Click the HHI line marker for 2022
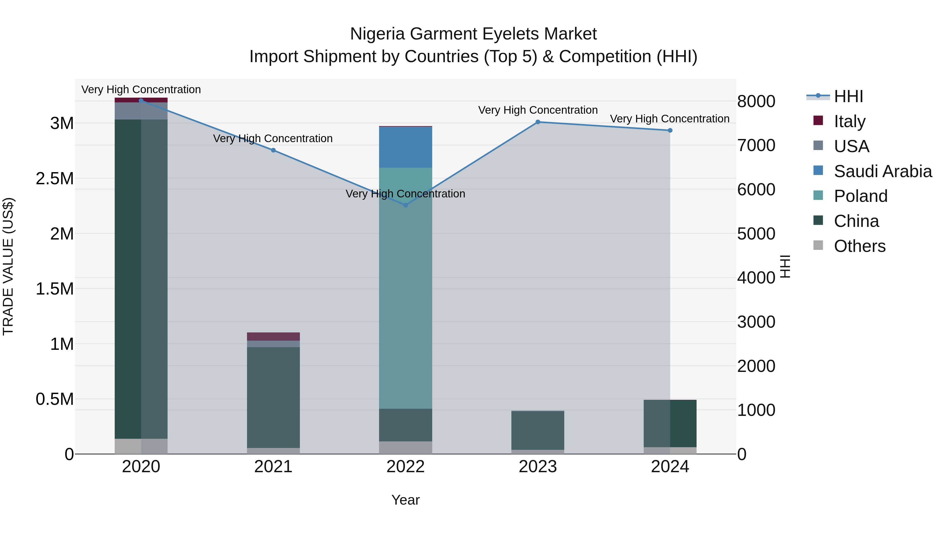click(405, 205)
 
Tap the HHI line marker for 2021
click(273, 150)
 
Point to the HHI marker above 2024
click(670, 130)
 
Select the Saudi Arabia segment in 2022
click(405, 147)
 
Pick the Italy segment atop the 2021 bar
click(273, 336)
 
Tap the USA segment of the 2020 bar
click(141, 111)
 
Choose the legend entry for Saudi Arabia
click(883, 171)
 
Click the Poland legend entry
click(860, 196)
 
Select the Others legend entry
click(859, 246)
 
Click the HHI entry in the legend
click(848, 96)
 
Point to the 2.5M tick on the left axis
click(54, 178)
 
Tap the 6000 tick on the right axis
click(756, 190)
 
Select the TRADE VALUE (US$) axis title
click(8, 266)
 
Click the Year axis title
click(405, 500)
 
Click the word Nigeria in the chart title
click(377, 34)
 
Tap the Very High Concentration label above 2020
click(141, 89)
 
